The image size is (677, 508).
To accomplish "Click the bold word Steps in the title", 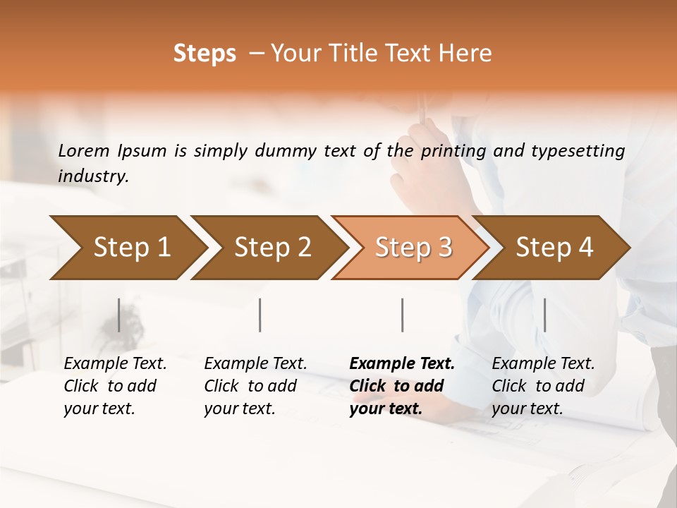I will tap(205, 54).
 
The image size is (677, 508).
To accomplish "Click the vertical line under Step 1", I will tap(118, 315).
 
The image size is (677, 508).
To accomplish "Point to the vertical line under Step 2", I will tap(260, 315).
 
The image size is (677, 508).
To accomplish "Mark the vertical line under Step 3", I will tap(402, 315).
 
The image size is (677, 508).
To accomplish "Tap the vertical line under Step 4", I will tap(544, 315).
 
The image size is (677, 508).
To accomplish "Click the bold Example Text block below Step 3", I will tap(402, 386).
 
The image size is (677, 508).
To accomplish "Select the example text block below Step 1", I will tap(115, 386).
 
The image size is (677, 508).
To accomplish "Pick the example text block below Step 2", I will tap(255, 386).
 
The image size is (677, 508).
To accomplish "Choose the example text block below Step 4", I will tap(543, 386).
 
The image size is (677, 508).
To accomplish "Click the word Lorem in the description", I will tap(83, 150).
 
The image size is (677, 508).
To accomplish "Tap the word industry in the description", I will tap(93, 176).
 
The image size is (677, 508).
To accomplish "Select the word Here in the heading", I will tap(468, 54).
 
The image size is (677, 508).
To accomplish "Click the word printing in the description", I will tap(453, 150).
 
